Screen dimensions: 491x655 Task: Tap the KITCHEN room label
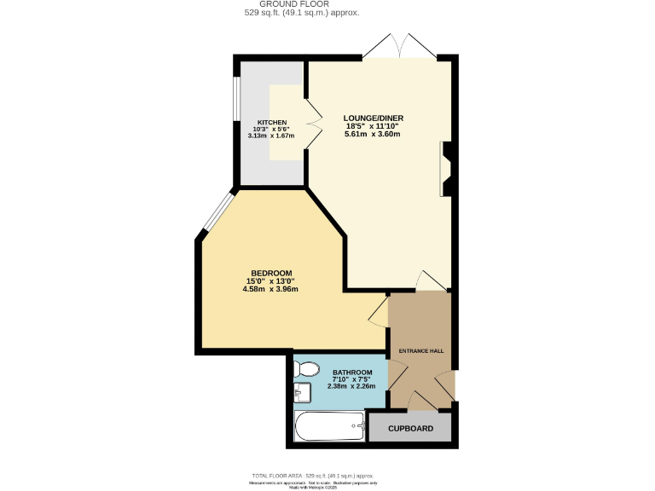click(x=270, y=122)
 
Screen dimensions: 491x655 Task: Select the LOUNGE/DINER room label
click(x=374, y=118)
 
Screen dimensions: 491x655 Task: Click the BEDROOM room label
click(x=271, y=273)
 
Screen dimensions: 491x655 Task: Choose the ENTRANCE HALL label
click(x=422, y=351)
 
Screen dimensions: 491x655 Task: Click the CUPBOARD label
click(x=411, y=429)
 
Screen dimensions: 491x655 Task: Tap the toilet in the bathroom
click(x=304, y=369)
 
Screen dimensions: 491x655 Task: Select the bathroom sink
click(x=301, y=393)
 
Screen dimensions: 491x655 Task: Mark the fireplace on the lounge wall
click(x=448, y=168)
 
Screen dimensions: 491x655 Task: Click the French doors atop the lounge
click(x=398, y=47)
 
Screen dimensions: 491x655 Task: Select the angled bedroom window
click(x=217, y=213)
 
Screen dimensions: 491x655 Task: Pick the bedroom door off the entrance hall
click(x=378, y=312)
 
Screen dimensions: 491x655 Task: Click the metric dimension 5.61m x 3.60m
click(x=374, y=135)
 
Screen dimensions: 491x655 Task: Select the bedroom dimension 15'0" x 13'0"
click(x=271, y=281)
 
